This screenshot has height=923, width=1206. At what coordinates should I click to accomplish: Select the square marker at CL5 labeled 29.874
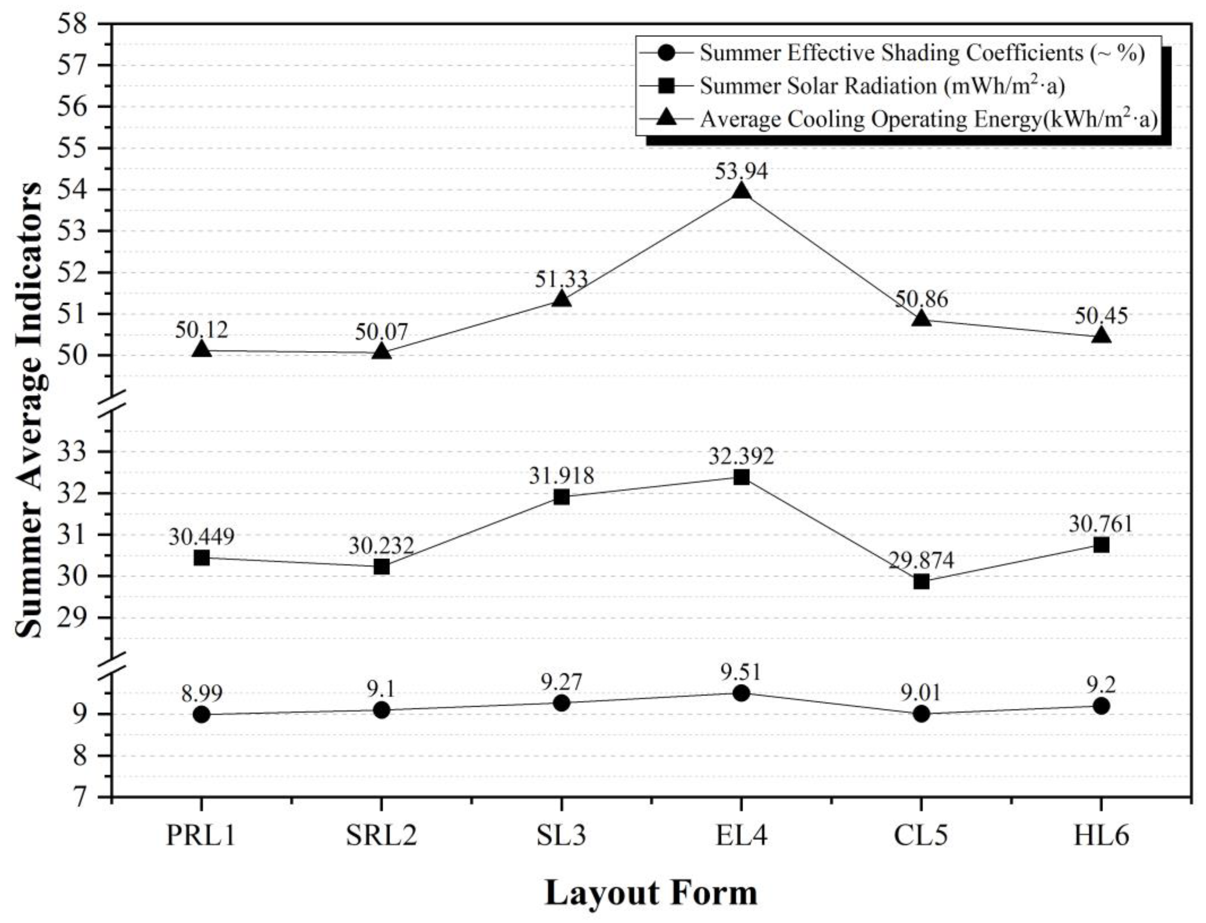coord(921,582)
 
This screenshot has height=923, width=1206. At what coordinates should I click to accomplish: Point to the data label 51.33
coord(561,279)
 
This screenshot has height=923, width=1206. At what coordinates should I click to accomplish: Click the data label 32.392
coord(741,456)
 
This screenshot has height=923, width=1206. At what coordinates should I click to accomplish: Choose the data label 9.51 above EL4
coord(741,672)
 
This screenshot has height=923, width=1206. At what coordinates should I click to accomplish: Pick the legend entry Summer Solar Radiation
coord(882,86)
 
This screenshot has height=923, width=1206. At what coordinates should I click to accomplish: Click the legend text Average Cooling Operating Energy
coord(928,119)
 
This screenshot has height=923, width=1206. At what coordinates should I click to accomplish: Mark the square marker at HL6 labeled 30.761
coord(1101,545)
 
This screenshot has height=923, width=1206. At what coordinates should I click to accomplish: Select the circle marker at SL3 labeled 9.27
coord(561,703)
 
